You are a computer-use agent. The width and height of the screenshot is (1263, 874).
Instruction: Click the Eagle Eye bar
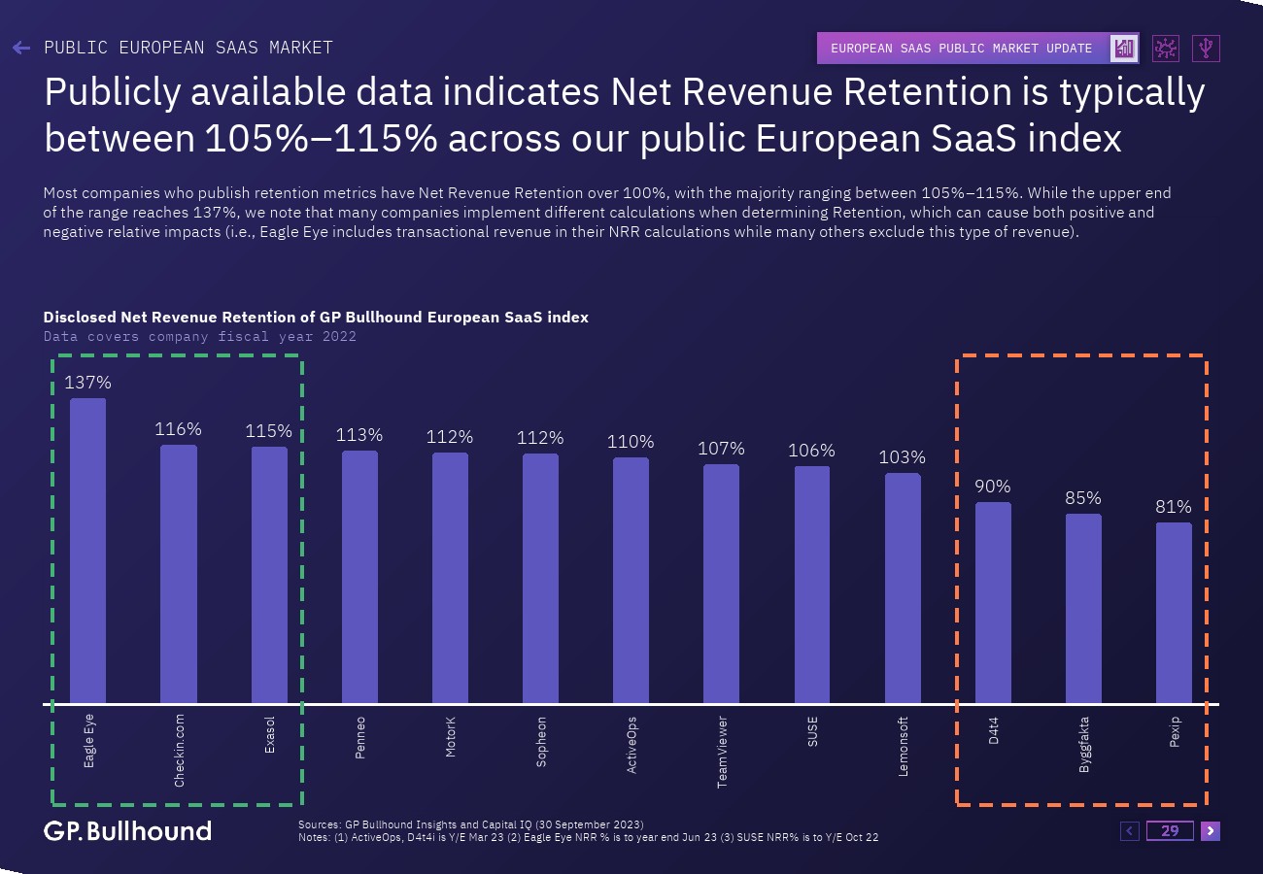pyautogui.click(x=87, y=551)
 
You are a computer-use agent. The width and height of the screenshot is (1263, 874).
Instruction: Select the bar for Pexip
pyautogui.click(x=1174, y=613)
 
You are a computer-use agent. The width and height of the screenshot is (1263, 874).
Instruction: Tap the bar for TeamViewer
pyautogui.click(x=721, y=584)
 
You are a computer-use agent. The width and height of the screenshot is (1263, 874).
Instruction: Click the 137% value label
pyautogui.click(x=87, y=383)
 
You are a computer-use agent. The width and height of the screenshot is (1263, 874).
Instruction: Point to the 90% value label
pyautogui.click(x=993, y=486)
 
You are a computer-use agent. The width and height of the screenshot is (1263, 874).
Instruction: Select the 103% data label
pyautogui.click(x=903, y=456)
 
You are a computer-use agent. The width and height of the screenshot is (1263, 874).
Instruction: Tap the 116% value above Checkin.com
pyautogui.click(x=179, y=428)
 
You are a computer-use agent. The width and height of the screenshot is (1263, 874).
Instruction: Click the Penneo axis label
pyautogui.click(x=360, y=737)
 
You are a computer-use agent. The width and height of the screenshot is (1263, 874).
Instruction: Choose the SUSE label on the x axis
pyautogui.click(x=812, y=730)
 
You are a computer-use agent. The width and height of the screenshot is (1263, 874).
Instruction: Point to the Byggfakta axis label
pyautogui.click(x=1083, y=745)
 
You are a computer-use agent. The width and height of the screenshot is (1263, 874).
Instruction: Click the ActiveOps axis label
pyautogui.click(x=631, y=745)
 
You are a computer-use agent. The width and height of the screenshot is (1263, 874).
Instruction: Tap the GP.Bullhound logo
pyautogui.click(x=127, y=830)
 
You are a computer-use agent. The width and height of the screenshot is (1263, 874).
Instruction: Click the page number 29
pyautogui.click(x=1170, y=830)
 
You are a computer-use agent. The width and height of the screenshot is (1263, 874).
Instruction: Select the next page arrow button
pyautogui.click(x=1210, y=830)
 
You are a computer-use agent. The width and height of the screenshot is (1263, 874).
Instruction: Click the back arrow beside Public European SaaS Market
pyautogui.click(x=21, y=48)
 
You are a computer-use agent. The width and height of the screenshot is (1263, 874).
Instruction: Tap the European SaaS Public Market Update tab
pyautogui.click(x=962, y=48)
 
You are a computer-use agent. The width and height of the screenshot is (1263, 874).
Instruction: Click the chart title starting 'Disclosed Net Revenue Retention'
pyautogui.click(x=316, y=318)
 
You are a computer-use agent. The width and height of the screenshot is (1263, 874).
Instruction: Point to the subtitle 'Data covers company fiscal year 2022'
pyautogui.click(x=200, y=337)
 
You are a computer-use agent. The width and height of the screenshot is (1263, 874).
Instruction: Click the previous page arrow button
pyautogui.click(x=1130, y=830)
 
